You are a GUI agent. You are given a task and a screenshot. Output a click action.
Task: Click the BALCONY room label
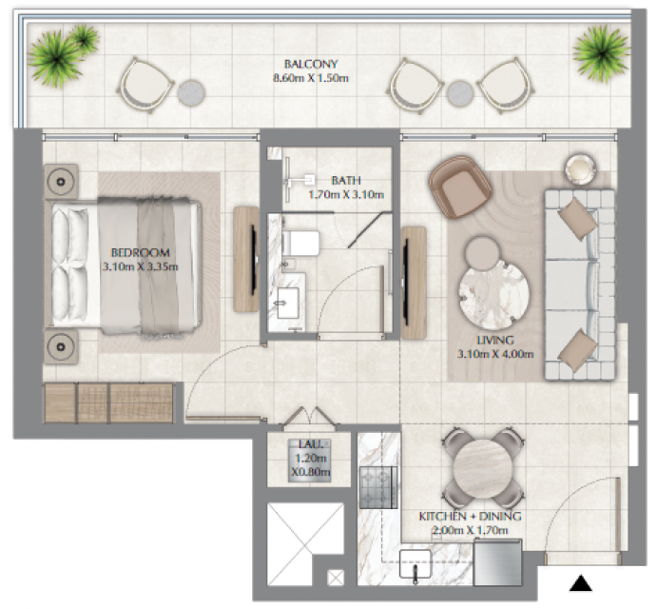click(311, 64)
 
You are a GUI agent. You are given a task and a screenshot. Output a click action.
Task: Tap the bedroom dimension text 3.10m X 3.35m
click(141, 266)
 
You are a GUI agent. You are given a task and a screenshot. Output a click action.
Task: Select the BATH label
click(346, 181)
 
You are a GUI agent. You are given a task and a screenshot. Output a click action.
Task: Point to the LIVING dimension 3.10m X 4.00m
click(495, 354)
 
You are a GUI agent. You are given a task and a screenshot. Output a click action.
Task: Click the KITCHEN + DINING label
click(470, 516)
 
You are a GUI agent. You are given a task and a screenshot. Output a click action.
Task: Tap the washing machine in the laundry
click(310, 460)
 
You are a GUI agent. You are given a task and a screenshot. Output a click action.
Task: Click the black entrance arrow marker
click(581, 583)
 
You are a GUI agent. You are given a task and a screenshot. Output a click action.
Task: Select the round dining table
click(483, 469)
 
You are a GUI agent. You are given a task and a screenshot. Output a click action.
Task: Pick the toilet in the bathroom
click(300, 243)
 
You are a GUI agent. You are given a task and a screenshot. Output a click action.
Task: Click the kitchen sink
click(415, 564)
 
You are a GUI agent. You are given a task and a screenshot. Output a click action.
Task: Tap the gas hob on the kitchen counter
click(378, 487)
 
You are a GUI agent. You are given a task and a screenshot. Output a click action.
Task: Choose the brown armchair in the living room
click(460, 187)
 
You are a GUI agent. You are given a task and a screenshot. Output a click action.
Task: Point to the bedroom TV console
click(246, 259)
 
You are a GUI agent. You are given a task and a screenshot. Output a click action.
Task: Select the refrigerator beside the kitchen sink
click(497, 562)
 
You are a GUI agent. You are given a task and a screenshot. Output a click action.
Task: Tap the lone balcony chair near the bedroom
click(145, 86)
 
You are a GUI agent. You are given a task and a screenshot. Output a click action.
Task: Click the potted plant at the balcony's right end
click(601, 53)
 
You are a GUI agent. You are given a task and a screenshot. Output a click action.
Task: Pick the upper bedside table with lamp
click(61, 182)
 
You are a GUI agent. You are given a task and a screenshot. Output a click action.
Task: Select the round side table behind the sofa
click(580, 168)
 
